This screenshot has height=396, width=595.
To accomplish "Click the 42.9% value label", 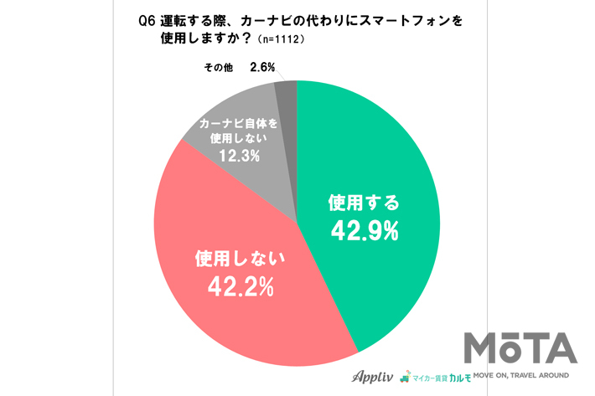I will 363,230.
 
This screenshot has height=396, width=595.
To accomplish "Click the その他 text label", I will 217,69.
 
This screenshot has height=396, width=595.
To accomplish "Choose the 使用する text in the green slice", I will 364,203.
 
